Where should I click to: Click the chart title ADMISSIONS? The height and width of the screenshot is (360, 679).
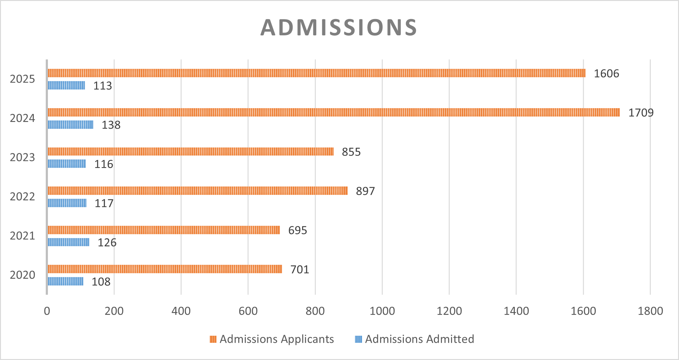339,28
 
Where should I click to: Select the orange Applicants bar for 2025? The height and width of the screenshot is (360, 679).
316,73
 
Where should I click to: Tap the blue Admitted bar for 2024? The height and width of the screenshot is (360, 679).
70,125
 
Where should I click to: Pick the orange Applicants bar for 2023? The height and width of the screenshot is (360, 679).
190,151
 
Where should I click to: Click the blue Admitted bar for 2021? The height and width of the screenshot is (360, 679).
68,242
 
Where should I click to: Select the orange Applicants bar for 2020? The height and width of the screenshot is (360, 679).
165,269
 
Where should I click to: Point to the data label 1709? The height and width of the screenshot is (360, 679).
641,113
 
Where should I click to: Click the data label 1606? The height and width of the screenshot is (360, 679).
606,74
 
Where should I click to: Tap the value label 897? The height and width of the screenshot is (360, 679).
365,191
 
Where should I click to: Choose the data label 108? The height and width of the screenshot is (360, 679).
101,282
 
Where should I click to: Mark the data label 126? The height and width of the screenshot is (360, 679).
107,243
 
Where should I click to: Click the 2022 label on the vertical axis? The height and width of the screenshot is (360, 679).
22,197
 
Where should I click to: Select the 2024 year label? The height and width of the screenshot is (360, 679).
22,118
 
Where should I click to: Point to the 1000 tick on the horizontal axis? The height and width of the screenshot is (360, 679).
382,311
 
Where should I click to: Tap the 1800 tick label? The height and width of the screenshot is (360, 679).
650,311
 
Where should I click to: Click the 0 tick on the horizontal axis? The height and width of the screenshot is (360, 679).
47,311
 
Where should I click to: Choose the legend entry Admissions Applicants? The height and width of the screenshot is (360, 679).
277,339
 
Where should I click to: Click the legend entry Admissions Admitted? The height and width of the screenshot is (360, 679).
419,339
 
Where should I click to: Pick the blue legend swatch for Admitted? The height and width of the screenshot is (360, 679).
358,339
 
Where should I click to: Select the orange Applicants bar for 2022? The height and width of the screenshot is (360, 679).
197,191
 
